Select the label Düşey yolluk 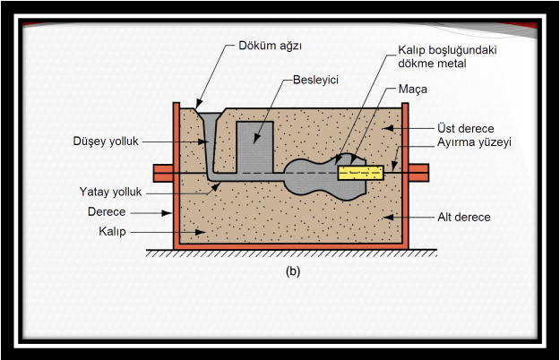pyautogui.click(x=105, y=141)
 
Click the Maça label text pyautogui.click(x=412, y=90)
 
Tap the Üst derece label pyautogui.click(x=464, y=129)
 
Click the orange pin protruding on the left pyautogui.click(x=163, y=169)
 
